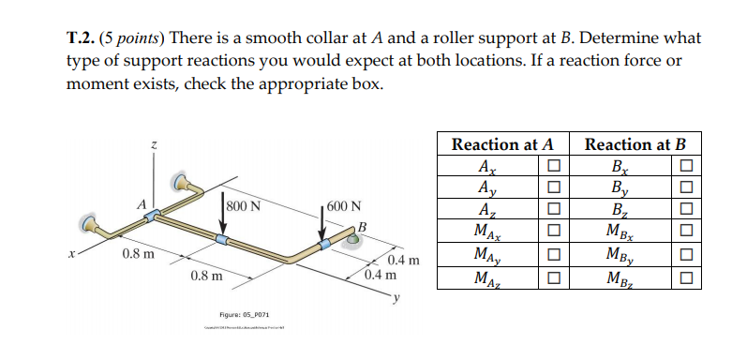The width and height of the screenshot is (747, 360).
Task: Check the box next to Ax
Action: click(x=553, y=167)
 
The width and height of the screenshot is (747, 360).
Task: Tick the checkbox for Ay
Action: click(x=553, y=188)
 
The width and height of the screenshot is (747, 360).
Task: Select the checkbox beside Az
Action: click(x=553, y=210)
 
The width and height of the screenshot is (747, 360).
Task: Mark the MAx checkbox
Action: click(x=553, y=232)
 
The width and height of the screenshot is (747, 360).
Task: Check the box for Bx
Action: click(x=687, y=167)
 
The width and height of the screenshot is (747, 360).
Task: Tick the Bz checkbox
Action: click(x=687, y=210)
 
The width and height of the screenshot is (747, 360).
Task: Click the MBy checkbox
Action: click(x=687, y=255)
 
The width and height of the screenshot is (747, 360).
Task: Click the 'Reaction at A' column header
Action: click(x=502, y=144)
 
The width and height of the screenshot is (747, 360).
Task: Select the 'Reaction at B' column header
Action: click(x=635, y=144)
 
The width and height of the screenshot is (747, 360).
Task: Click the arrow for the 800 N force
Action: click(x=222, y=217)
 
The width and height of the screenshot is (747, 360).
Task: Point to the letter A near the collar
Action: click(x=141, y=204)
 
